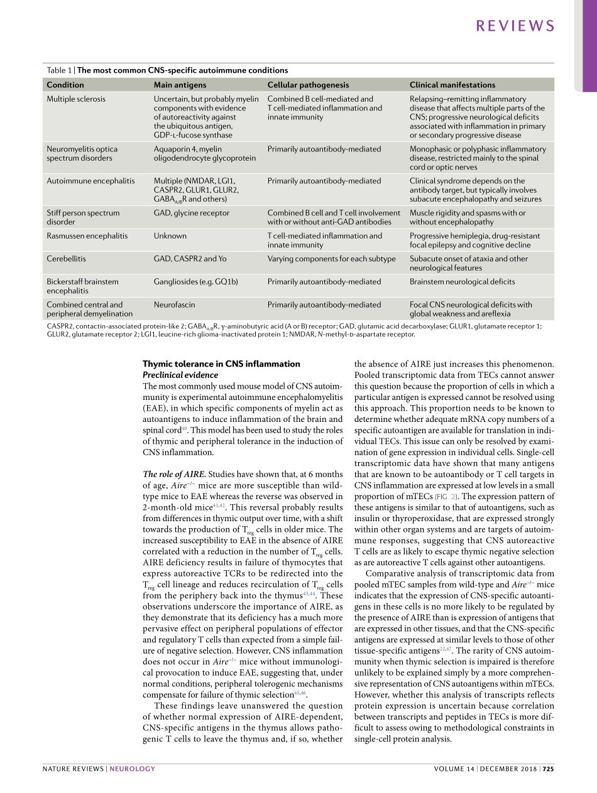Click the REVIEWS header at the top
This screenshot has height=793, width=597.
pos(515,26)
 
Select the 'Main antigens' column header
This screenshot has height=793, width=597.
pos(180,85)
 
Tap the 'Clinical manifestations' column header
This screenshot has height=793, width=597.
pos(452,85)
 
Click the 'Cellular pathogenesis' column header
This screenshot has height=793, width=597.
pos(308,85)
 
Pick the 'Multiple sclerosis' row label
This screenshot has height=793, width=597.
pos(76,99)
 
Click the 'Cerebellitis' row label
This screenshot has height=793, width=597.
pos(67,259)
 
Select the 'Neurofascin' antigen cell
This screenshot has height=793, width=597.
pos(174,305)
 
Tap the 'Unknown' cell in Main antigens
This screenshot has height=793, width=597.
pos(170,236)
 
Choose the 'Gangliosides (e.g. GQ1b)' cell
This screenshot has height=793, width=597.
pos(195,282)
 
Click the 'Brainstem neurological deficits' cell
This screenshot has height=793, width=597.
pos(462,282)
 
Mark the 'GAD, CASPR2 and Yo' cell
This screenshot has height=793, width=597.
pos(189,259)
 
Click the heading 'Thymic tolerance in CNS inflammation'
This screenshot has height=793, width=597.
pos(221,364)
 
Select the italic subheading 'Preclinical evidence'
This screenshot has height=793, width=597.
pos(180,375)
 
